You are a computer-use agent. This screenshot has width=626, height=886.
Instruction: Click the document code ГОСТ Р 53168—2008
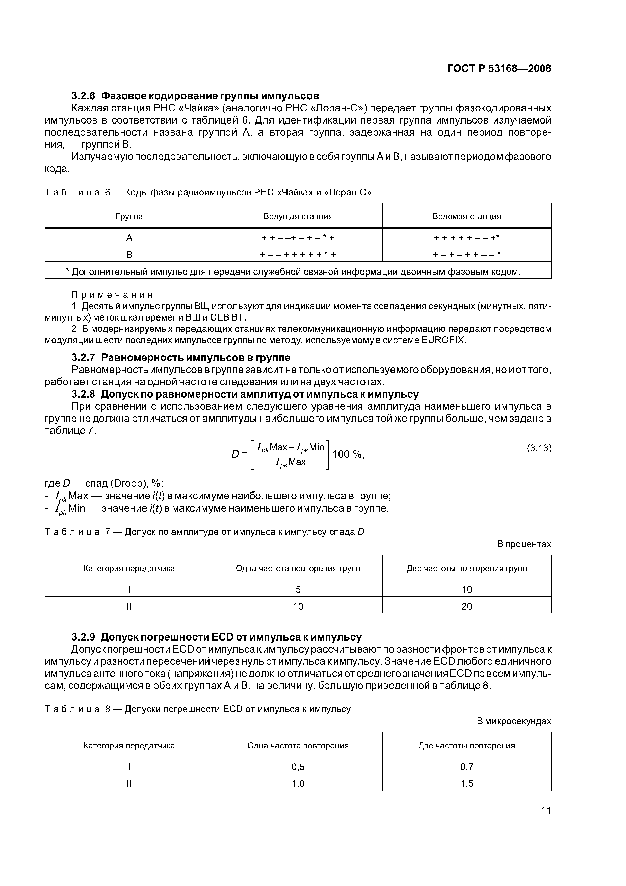pos(499,69)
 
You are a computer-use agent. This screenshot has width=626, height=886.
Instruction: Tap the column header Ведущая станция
pos(298,216)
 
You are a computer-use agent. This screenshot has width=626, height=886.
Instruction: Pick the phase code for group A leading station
pos(298,238)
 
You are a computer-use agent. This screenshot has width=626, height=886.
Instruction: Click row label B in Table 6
pos(129,255)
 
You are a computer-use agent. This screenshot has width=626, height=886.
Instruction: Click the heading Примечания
pos(112,295)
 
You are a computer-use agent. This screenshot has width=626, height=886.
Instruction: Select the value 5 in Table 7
pos(298,589)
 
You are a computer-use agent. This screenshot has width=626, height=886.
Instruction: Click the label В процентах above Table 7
pos(524,544)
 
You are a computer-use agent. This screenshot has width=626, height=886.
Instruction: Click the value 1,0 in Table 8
pos(298,783)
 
